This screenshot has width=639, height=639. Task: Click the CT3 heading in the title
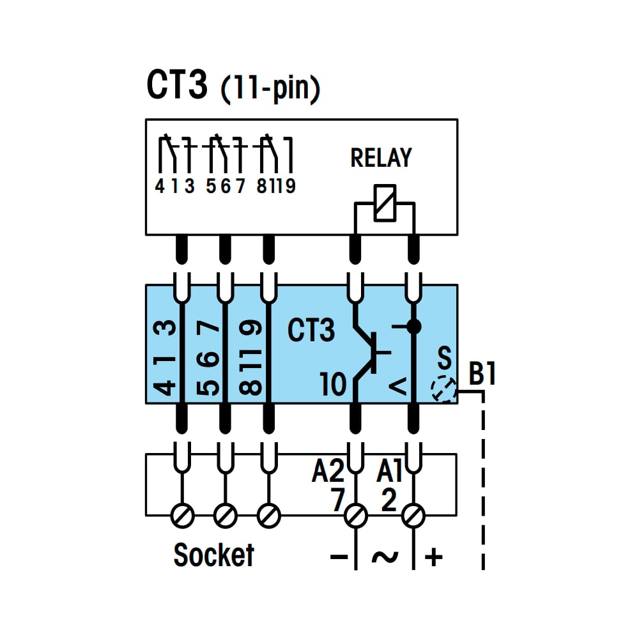(177, 84)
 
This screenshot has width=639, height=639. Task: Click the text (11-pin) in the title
(270, 88)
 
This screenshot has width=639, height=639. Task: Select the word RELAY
(381, 158)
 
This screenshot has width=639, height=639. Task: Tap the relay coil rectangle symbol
(385, 203)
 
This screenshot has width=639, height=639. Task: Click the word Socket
(213, 555)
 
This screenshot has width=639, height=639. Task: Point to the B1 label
(482, 373)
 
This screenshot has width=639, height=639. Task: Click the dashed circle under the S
(443, 390)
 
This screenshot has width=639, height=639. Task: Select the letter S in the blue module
(444, 358)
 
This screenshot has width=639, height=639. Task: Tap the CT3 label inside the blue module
(311, 330)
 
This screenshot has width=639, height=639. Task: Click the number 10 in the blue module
(333, 384)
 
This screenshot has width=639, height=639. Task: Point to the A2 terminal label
(328, 471)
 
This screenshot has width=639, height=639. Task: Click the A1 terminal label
(389, 471)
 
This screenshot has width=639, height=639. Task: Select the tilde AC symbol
(385, 557)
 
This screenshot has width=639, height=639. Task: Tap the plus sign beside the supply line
(434, 557)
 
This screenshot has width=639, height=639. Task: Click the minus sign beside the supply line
(339, 557)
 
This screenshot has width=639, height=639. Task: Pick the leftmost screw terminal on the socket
(181, 516)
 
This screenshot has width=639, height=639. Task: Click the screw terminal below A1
(413, 516)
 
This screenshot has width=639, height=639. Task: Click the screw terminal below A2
(355, 516)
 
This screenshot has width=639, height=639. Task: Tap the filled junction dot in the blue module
(413, 327)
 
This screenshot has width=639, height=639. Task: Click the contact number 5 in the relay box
(211, 186)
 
